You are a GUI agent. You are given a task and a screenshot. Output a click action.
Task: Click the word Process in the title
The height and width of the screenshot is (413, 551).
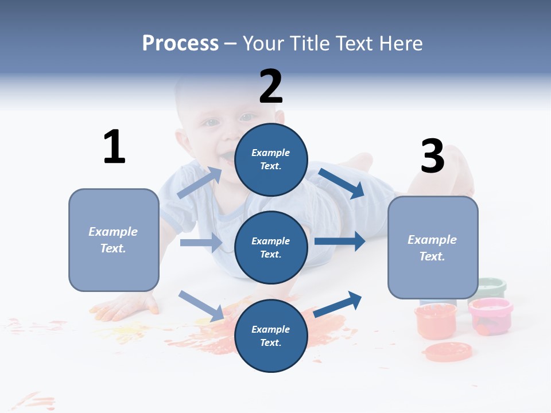180,44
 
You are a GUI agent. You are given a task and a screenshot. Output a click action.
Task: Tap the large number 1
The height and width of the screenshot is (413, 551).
114,147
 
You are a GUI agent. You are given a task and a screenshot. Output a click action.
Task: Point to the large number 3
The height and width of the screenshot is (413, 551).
433,156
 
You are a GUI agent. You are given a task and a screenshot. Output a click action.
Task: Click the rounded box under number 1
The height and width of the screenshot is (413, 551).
114,240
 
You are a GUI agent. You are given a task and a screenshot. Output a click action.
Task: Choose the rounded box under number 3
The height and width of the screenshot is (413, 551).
433,247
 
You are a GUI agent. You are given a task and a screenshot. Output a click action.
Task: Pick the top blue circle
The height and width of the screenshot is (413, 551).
271,159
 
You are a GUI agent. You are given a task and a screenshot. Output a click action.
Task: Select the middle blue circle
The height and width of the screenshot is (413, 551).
271,247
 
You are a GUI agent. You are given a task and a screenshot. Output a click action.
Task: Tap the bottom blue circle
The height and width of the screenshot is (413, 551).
271,336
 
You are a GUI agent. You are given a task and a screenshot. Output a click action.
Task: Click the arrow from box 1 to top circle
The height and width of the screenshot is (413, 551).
200,182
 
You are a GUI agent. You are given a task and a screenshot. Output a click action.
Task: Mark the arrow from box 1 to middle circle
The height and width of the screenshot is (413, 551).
201,243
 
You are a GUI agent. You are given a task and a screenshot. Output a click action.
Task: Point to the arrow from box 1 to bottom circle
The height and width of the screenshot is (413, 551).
201,305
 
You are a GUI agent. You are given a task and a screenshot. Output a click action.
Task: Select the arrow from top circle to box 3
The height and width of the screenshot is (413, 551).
341,184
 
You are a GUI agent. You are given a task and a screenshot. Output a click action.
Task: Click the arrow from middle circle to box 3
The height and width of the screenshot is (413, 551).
340,241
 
